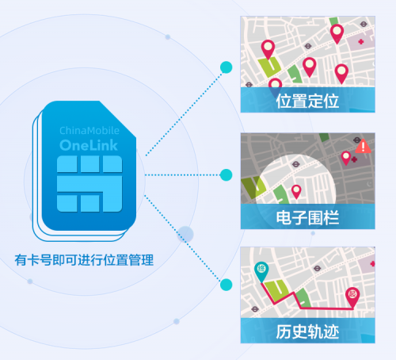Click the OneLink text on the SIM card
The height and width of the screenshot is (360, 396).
[89, 145]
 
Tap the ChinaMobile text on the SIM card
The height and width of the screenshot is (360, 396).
[89, 130]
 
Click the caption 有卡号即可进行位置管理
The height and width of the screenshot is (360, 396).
[84, 260]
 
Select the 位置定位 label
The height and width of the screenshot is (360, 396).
[307, 101]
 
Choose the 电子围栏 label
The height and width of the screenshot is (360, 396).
[307, 218]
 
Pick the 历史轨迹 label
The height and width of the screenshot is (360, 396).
[307, 331]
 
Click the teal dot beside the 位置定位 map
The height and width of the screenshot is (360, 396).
[227, 67]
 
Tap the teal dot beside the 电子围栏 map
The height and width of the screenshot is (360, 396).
[226, 175]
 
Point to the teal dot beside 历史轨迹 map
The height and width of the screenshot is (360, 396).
[226, 285]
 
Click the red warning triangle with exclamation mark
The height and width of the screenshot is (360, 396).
[364, 146]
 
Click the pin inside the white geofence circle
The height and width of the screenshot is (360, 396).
[296, 192]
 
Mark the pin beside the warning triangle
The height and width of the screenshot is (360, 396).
[346, 158]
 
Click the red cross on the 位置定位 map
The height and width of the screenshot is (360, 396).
[361, 41]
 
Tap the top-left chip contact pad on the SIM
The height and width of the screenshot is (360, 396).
[67, 164]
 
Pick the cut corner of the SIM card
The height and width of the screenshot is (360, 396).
[118, 119]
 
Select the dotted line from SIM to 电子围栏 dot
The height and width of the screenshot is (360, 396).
[182, 175]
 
